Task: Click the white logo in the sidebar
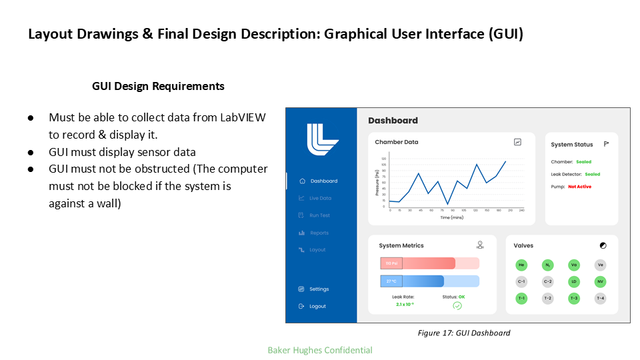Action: pos(322,139)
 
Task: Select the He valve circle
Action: pos(521,265)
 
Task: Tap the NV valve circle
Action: pos(601,281)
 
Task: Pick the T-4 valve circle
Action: pos(601,298)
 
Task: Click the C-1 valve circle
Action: pos(521,281)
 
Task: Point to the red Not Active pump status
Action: pos(579,187)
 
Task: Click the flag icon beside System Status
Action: pos(607,143)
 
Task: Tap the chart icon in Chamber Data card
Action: pos(517,142)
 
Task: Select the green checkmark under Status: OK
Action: pos(457,305)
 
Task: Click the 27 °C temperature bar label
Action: pos(391,281)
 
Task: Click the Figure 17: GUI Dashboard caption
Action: pos(463,333)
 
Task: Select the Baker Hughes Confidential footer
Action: pos(320,350)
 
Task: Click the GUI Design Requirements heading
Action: pos(158,86)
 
